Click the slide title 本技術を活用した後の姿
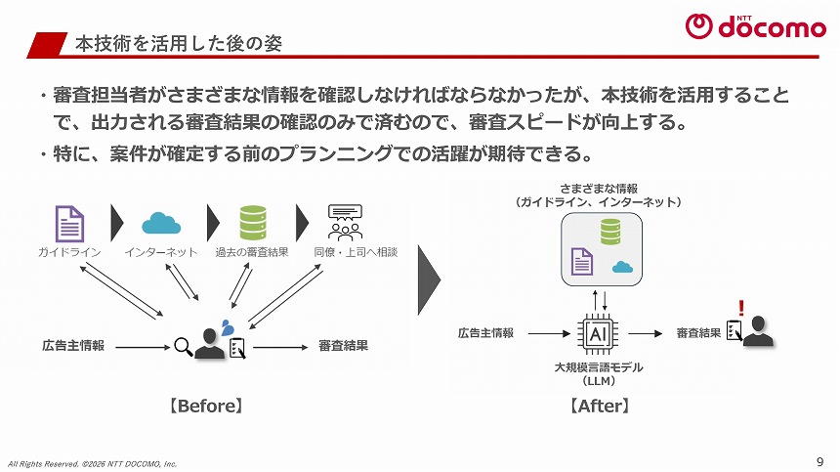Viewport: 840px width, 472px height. pyautogui.click(x=180, y=44)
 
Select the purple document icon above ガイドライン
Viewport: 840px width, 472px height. pyautogui.click(x=69, y=223)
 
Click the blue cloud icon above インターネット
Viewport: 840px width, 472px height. pyautogui.click(x=161, y=224)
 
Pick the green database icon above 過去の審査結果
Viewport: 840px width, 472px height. pyautogui.click(x=253, y=223)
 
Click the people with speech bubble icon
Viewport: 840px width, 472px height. pyautogui.click(x=345, y=223)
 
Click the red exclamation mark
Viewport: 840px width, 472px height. pyautogui.click(x=741, y=308)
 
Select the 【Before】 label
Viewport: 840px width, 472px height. pyautogui.click(x=206, y=404)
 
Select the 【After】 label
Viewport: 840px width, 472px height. pyautogui.click(x=597, y=404)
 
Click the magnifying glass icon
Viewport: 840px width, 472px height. pyautogui.click(x=183, y=345)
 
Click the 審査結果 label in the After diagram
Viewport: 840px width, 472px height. pyautogui.click(x=698, y=333)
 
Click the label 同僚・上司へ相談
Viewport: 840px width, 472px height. pyautogui.click(x=356, y=252)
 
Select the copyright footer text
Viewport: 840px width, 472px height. pyautogui.click(x=93, y=462)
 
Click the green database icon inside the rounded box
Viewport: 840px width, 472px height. pyautogui.click(x=610, y=232)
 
